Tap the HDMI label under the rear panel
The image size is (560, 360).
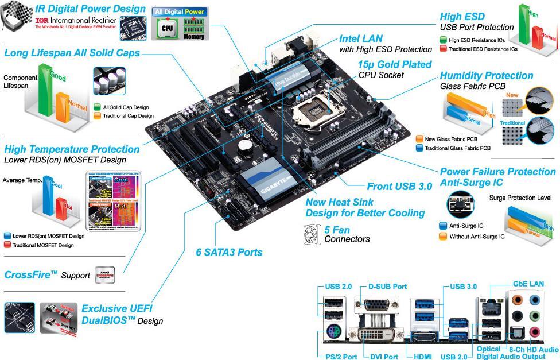pos(419,356)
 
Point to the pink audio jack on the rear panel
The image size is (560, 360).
pos(535,332)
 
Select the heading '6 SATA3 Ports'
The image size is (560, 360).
pos(229,251)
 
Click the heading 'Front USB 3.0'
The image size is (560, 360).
pos(399,187)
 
